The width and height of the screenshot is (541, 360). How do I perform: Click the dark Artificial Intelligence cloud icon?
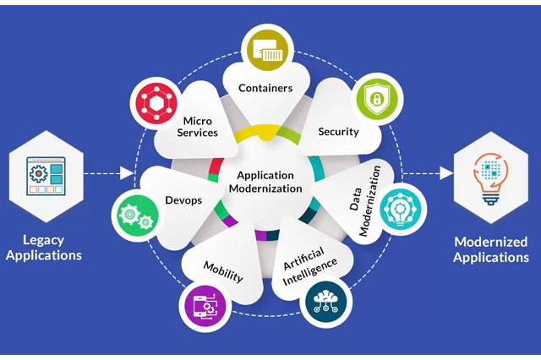(x=326, y=302)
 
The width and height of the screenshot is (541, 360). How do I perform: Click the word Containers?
(x=265, y=87)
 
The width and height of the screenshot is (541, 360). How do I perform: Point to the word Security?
(x=338, y=132)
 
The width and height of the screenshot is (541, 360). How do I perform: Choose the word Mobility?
(x=223, y=271)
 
